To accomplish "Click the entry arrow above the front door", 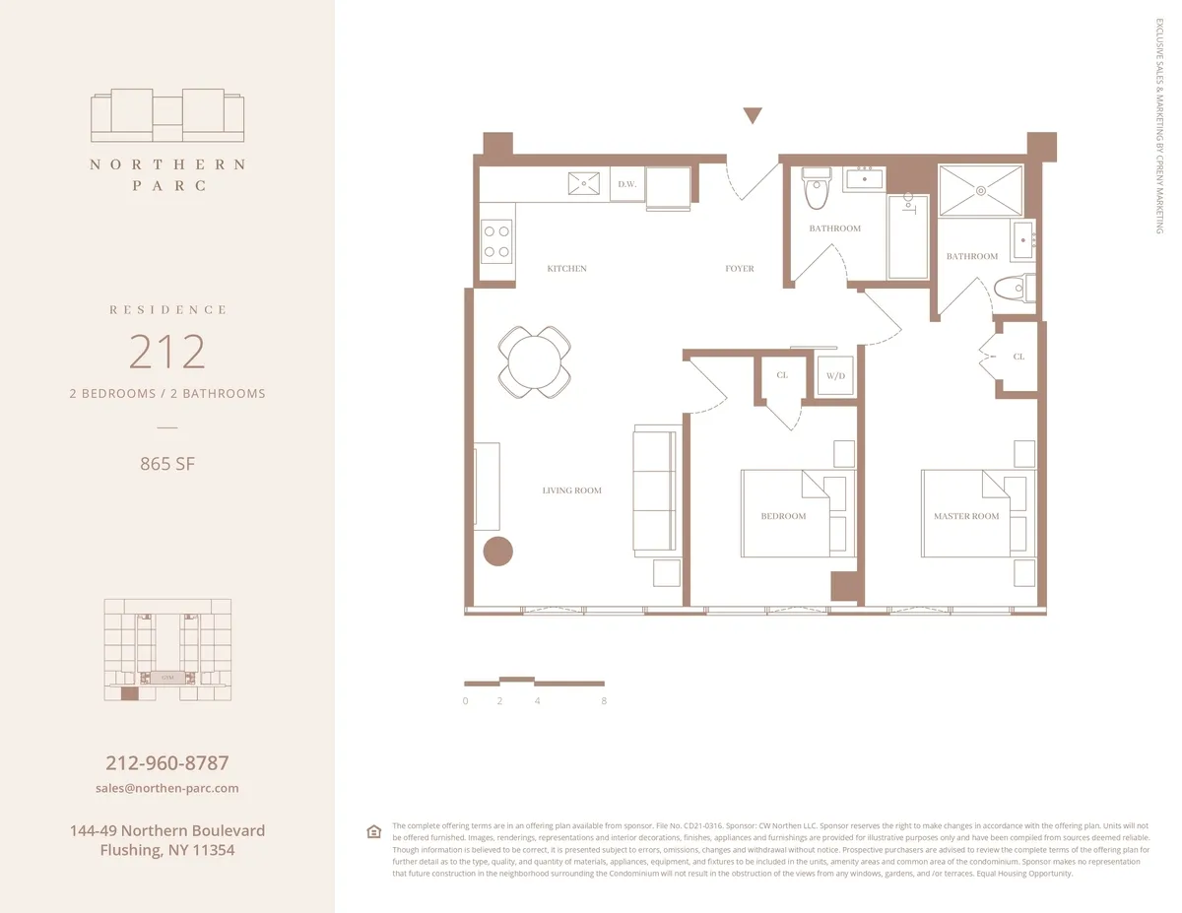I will click(753, 115).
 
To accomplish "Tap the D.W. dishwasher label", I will click(626, 184).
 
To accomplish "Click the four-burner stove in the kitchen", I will click(496, 240).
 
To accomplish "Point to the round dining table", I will click(534, 361).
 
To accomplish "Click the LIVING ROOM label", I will click(571, 490).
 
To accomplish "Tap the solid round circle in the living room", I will click(498, 552).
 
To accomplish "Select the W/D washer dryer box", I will click(835, 375).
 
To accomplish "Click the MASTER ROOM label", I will click(966, 516).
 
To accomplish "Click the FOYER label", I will click(740, 269).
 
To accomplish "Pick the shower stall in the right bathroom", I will click(980, 190).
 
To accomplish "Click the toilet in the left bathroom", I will click(818, 192).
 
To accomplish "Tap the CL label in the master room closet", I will click(1018, 357).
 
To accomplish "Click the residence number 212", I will click(167, 352).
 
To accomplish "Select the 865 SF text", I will click(167, 463).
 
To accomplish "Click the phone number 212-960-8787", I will click(167, 762).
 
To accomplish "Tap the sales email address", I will click(167, 788).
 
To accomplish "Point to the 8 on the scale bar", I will click(603, 701).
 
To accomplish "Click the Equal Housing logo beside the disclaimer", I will click(373, 831).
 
